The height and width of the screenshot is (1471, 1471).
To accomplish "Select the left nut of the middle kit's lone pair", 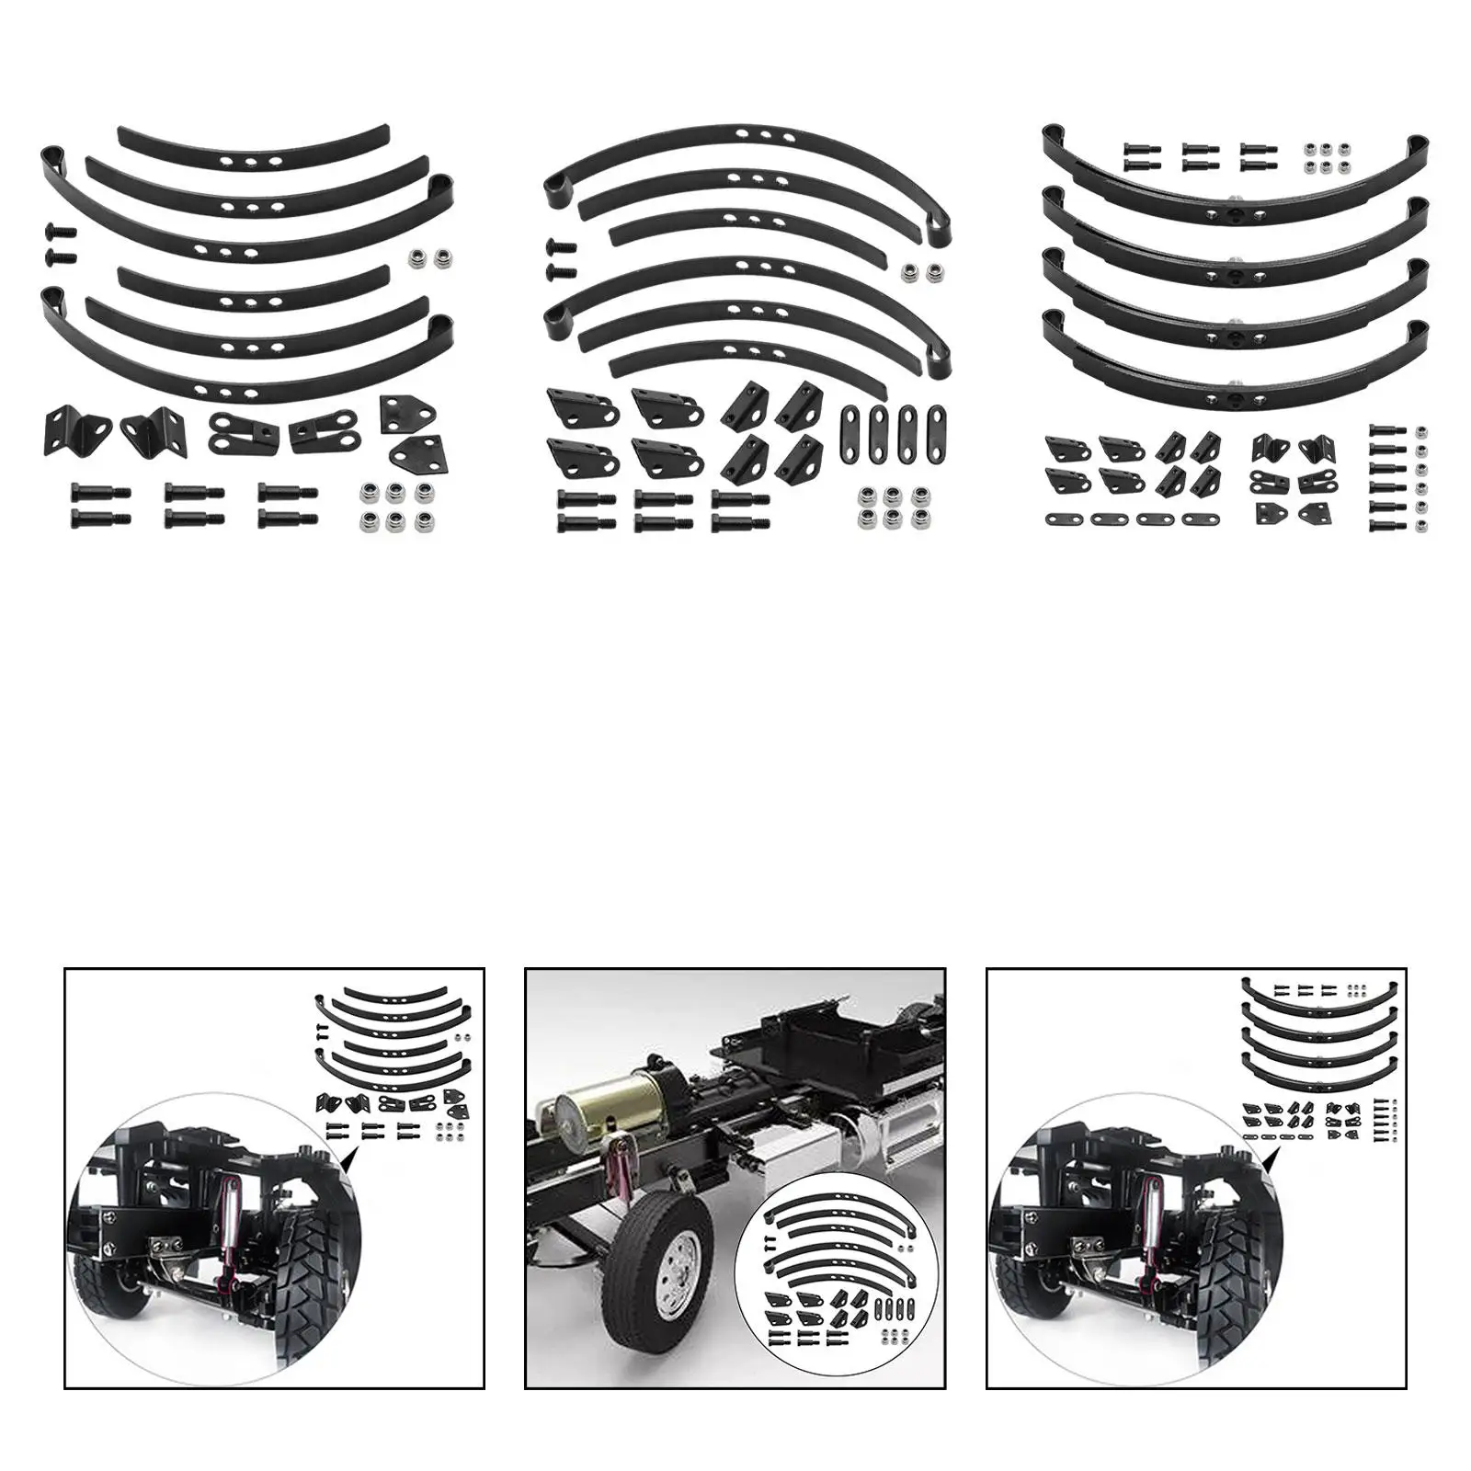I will point(911,269).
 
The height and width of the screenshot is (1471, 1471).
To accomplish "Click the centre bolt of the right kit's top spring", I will point(1236,147).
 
